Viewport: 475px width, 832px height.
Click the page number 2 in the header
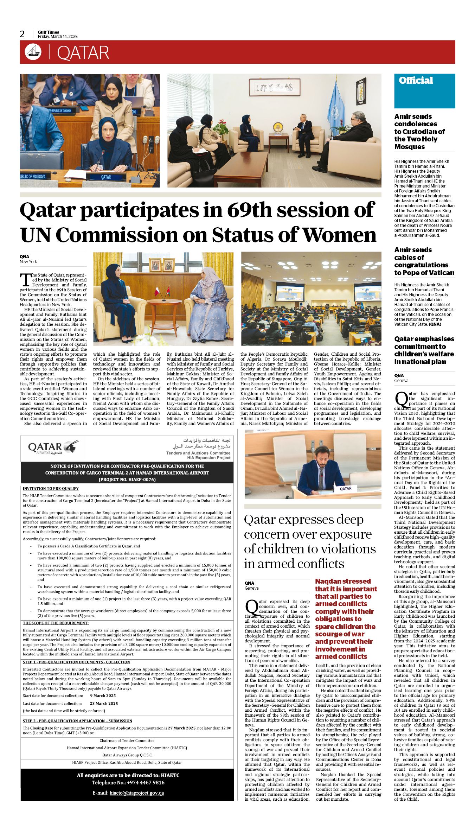[x=23, y=34]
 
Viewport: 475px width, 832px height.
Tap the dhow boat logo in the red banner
[x=33, y=52]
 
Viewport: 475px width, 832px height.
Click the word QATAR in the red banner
[x=83, y=53]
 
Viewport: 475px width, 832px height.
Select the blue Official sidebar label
[x=416, y=81]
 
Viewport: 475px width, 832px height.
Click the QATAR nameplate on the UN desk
[x=106, y=177]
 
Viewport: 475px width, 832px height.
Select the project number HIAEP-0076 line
[x=127, y=479]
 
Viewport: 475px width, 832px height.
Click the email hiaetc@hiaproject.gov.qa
[x=137, y=793]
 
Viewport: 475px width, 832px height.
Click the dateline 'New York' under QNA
[x=28, y=262]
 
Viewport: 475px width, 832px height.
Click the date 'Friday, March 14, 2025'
[x=58, y=37]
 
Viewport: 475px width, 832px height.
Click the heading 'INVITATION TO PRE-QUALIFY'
[x=51, y=488]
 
